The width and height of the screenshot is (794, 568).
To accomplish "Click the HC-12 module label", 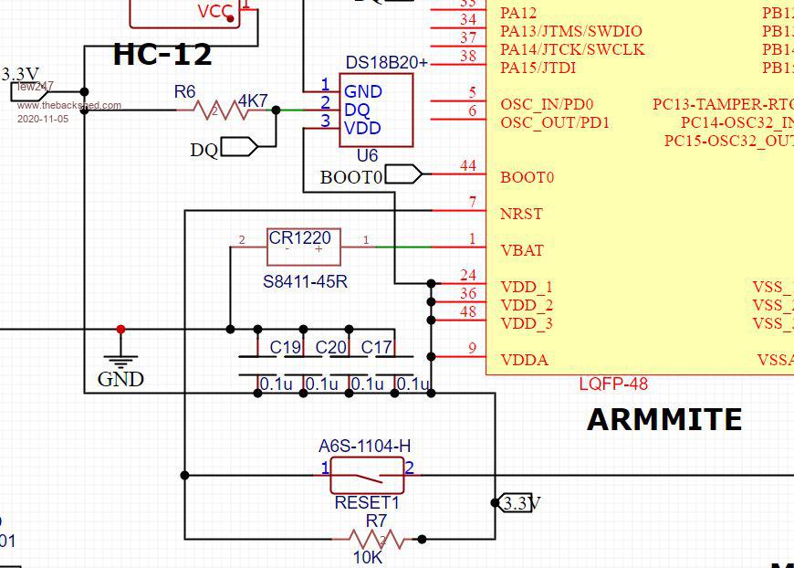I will pos(162,55).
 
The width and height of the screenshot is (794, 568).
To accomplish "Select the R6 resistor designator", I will pos(185,91).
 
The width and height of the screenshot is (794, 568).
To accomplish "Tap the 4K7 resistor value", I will pos(253,100).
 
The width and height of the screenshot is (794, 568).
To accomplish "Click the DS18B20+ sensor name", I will pos(386,62).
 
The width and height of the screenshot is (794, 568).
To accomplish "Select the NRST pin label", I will pos(521,214).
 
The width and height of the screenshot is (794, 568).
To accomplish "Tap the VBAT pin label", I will pos(521,250).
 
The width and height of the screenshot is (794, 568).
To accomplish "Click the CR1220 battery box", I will pos(303,247).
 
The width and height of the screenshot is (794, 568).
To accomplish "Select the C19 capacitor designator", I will pos(286,348).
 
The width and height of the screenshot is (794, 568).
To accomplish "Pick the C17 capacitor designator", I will pos(377,348).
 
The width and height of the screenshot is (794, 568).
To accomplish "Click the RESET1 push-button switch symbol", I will pos(366,475).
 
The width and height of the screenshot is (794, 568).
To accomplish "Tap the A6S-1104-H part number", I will pos(364,447).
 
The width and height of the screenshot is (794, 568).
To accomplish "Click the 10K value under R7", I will pos(368,556).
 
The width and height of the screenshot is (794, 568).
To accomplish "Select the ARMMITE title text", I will pos(663,420).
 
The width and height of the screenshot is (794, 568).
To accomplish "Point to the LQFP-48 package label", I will pos(613,384).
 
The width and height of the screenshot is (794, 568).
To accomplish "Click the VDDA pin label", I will pos(525,360).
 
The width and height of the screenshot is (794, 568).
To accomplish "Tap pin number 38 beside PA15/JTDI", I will pos(468,57).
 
